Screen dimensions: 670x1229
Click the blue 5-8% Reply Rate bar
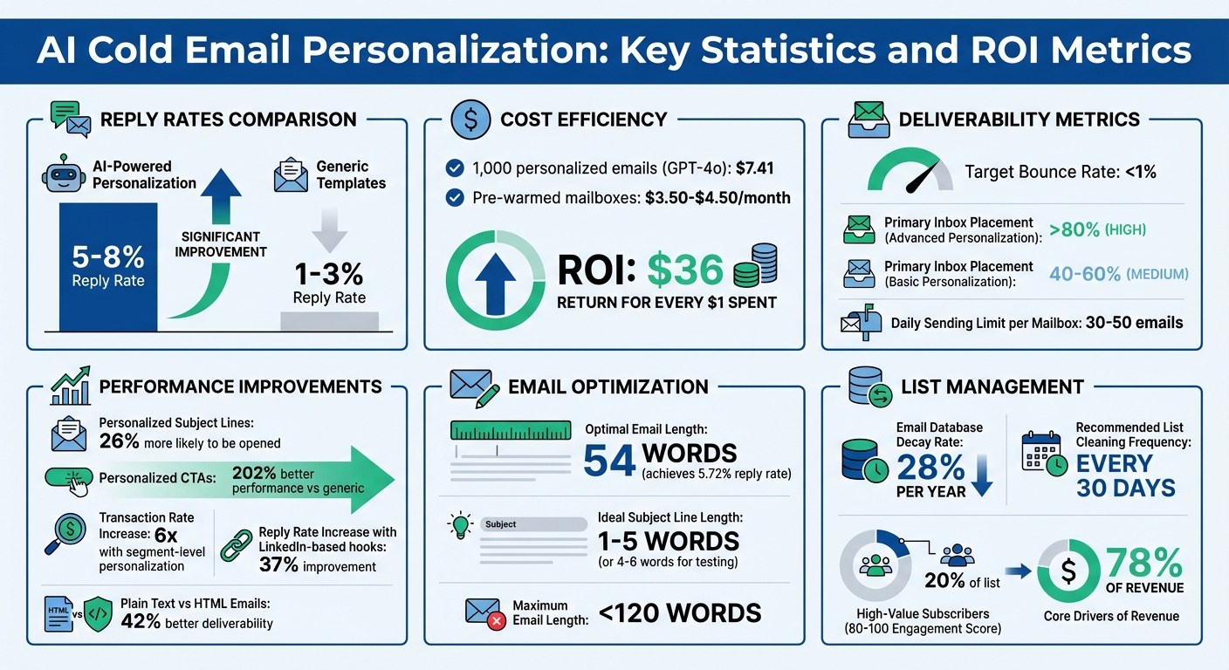click(108, 266)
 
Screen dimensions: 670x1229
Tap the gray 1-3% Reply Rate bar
click(329, 320)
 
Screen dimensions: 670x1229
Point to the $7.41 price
click(754, 168)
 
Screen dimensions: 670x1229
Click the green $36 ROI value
click(685, 270)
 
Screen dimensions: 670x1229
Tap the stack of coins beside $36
click(755, 265)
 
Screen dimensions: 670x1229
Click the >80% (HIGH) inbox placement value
click(1097, 230)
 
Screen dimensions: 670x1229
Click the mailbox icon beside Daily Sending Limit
click(861, 322)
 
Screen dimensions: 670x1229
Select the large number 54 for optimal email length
click(608, 461)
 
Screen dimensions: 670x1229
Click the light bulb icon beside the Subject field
click(460, 526)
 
